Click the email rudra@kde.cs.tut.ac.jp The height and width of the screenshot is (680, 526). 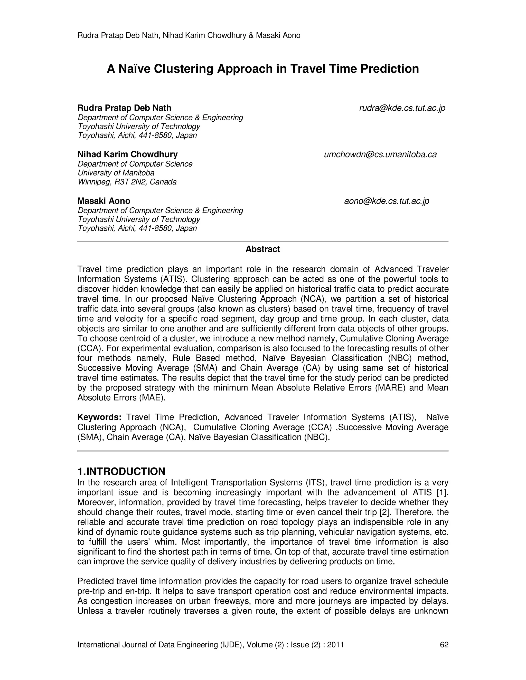(x=402, y=108)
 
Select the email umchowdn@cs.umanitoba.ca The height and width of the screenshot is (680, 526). (x=380, y=154)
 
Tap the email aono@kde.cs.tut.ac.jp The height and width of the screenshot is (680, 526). (x=386, y=201)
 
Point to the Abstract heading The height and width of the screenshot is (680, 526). (x=263, y=249)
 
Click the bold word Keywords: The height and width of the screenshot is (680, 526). (x=99, y=417)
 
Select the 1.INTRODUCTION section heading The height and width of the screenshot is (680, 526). (x=121, y=471)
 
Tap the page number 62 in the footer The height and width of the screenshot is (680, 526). (x=444, y=645)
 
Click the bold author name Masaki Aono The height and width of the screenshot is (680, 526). (x=104, y=201)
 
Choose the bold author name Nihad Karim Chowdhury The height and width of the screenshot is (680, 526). (x=127, y=154)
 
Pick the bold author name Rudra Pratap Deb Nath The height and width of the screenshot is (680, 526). (x=124, y=108)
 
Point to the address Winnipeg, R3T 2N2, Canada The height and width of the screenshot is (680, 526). (x=127, y=182)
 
